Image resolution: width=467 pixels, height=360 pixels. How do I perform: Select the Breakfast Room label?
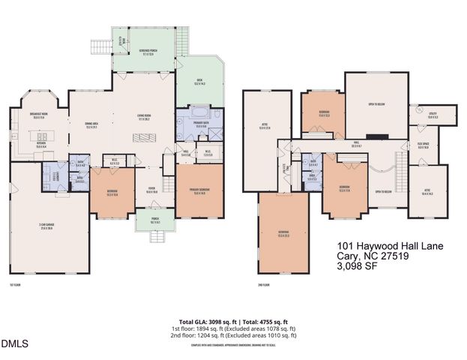[39, 116]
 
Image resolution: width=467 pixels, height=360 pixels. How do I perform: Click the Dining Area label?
[92, 126]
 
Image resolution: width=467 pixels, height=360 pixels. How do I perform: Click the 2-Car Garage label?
[51, 226]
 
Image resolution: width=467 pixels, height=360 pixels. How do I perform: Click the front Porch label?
[156, 220]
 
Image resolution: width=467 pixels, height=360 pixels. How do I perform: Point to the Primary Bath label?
[200, 123]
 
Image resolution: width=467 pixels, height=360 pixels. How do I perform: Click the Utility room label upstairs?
[433, 115]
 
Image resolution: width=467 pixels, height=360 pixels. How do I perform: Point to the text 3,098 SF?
[359, 265]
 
